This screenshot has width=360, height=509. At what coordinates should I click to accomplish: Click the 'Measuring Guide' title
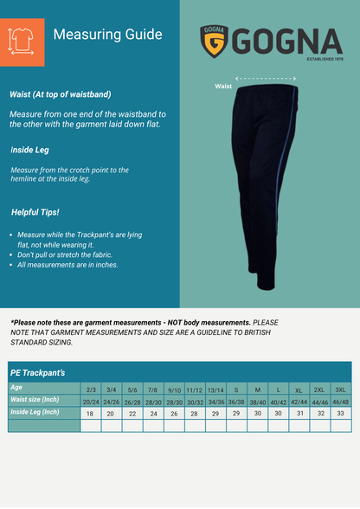tap(107, 35)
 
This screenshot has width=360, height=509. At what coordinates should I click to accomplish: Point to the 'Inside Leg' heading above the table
tap(29, 150)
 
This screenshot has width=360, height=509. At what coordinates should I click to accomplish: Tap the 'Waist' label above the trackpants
tap(223, 87)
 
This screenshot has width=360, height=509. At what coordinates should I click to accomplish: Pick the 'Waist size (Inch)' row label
tap(35, 400)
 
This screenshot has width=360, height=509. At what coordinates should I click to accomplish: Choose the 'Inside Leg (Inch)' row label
tap(35, 412)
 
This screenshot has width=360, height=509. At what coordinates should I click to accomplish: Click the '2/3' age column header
tap(92, 390)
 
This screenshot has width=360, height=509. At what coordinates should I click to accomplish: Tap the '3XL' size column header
tap(340, 390)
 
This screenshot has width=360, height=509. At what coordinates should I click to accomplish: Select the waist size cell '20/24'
tap(91, 403)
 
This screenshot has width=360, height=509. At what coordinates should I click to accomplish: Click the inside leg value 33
tap(340, 414)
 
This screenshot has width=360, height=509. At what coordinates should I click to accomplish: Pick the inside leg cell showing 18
tap(91, 415)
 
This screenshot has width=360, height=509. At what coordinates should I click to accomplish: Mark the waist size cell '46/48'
tap(340, 403)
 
